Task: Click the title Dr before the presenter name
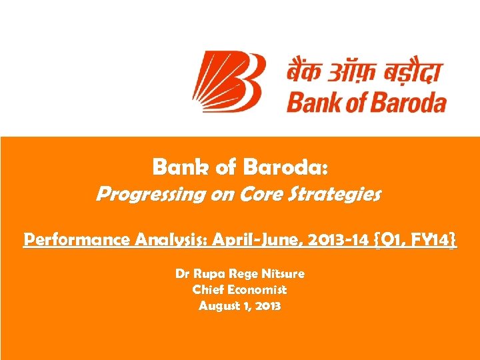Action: [x=182, y=273]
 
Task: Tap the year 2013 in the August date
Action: [x=266, y=307]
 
